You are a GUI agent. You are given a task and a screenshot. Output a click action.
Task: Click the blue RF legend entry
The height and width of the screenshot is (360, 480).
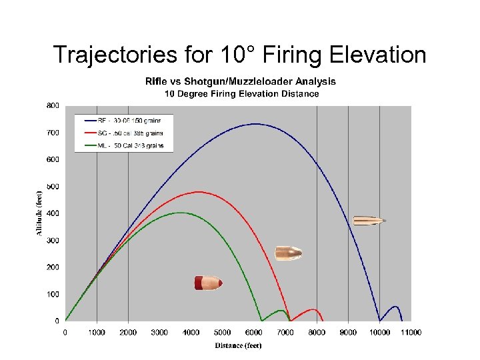123,121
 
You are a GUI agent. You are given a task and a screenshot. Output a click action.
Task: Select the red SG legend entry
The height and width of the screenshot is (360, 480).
123,133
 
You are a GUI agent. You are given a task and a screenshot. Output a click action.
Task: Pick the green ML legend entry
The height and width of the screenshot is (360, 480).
123,145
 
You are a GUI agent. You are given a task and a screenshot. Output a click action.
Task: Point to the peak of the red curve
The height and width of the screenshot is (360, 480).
198,192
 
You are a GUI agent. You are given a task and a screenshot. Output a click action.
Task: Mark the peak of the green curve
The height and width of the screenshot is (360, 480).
180,213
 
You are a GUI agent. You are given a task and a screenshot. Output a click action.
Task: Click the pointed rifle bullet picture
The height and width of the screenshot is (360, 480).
369,220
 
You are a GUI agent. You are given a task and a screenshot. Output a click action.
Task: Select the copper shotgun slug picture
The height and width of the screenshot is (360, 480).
288,253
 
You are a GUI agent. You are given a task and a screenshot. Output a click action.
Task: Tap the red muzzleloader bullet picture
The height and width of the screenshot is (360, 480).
207,283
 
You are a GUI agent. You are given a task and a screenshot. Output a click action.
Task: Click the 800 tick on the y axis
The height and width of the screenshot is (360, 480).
53,105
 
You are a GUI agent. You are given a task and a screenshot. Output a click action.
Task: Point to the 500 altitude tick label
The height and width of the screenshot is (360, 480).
53,187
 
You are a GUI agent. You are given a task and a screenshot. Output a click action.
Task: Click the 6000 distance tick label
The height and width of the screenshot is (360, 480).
253,332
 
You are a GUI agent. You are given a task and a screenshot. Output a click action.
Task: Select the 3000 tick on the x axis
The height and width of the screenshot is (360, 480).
159,332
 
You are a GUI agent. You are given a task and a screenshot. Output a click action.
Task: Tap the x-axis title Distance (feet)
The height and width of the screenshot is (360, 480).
238,345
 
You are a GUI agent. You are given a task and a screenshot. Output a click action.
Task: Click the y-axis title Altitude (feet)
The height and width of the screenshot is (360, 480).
39,212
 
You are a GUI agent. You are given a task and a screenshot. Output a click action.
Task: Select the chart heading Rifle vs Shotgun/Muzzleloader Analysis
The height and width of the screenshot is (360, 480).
241,81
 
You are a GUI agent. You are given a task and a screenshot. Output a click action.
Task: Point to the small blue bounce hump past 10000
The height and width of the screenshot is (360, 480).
395,308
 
